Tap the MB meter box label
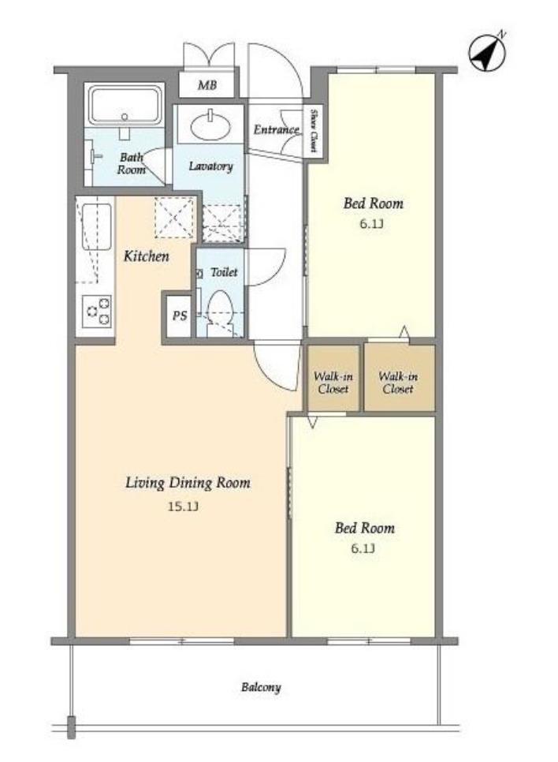pyautogui.click(x=207, y=85)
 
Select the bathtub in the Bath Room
pyautogui.click(x=125, y=105)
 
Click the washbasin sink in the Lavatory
pyautogui.click(x=210, y=126)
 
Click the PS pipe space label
pyautogui.click(x=180, y=316)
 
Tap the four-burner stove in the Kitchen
pyautogui.click(x=98, y=312)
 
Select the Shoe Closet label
pyautogui.click(x=314, y=131)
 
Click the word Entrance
pyautogui.click(x=277, y=129)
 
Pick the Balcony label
pyautogui.click(x=261, y=687)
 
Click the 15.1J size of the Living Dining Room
pyautogui.click(x=183, y=506)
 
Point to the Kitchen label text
pyautogui.click(x=146, y=256)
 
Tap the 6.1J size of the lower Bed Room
pyautogui.click(x=363, y=549)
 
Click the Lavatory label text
pyautogui.click(x=210, y=166)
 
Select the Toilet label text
pyautogui.click(x=224, y=272)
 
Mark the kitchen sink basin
pyautogui.click(x=96, y=227)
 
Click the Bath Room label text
pyautogui.click(x=131, y=163)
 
